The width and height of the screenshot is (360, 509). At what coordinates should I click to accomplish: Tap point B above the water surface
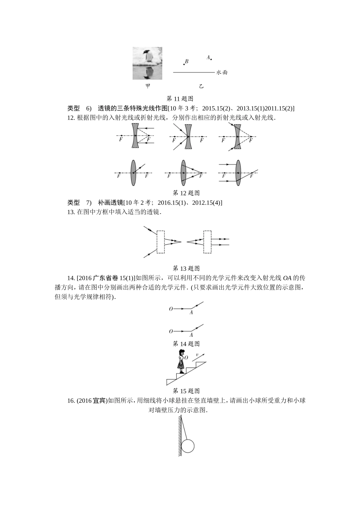(x=183, y=64)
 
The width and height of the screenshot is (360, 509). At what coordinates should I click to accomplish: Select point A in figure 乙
(x=211, y=59)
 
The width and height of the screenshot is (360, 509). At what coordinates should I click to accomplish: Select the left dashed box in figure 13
(x=161, y=242)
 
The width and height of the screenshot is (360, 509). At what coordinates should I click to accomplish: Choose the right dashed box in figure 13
(x=207, y=242)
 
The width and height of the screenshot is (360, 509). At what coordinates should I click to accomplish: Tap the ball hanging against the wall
(x=188, y=446)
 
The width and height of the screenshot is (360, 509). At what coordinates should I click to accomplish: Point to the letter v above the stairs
(x=197, y=355)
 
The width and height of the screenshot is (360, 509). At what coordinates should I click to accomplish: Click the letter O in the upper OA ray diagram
(x=171, y=309)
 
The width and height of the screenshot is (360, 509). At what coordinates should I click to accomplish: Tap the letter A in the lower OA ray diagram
(x=191, y=335)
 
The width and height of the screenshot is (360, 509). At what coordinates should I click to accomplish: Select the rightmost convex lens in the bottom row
(x=238, y=173)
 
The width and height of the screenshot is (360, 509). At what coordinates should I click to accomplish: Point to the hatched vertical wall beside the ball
(x=179, y=436)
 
